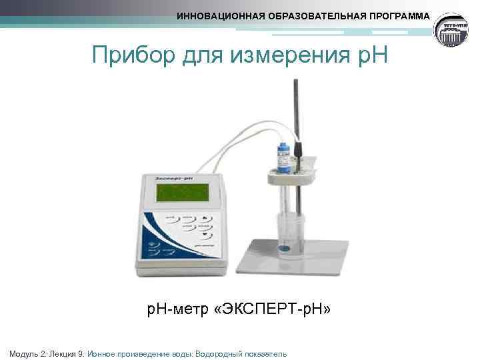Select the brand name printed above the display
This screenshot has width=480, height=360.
[x=174, y=178]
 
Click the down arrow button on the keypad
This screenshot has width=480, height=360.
[x=207, y=235]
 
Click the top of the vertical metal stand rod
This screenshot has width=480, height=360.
[x=295, y=81]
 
